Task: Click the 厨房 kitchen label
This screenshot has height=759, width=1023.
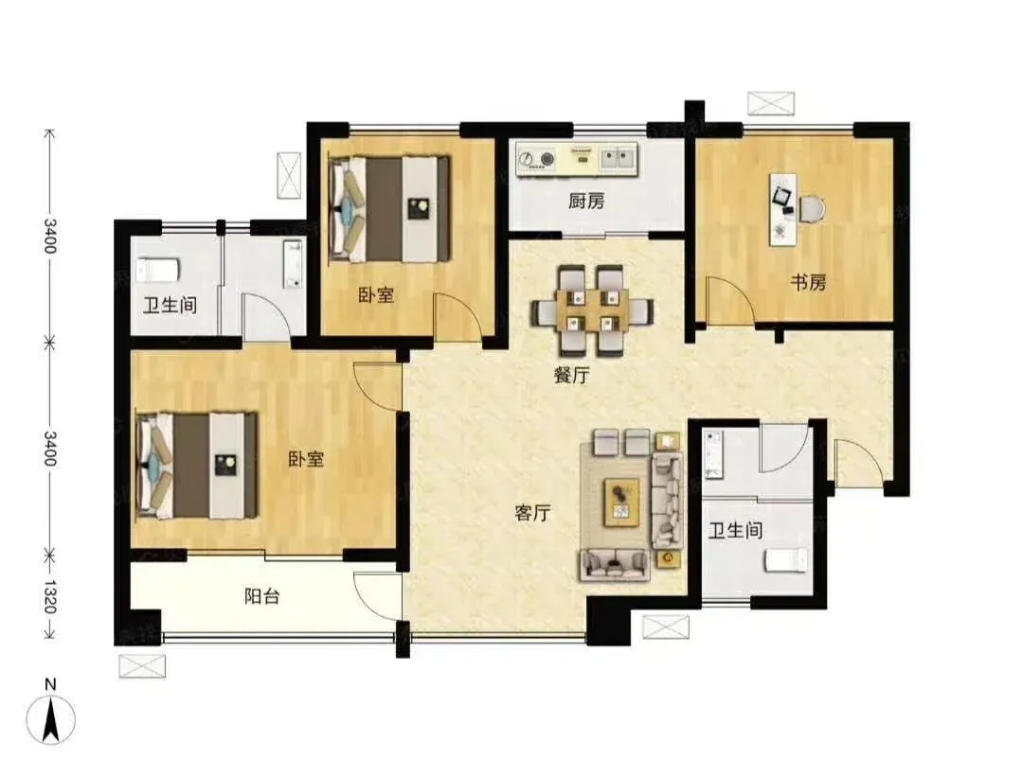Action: (x=586, y=201)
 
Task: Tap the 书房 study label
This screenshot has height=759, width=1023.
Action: (x=808, y=282)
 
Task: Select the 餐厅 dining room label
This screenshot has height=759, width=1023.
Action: (x=571, y=375)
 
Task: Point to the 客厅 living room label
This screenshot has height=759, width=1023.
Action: (x=532, y=513)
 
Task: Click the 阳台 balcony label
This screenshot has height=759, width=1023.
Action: (x=262, y=596)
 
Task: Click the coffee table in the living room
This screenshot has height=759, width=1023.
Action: (x=621, y=502)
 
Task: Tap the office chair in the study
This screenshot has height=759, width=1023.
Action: (x=812, y=208)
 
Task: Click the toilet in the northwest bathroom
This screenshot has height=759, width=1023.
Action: (x=157, y=270)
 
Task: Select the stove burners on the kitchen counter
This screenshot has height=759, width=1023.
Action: (x=536, y=158)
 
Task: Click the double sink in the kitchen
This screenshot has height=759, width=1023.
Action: (x=617, y=157)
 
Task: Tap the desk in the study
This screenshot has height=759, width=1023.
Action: (x=783, y=209)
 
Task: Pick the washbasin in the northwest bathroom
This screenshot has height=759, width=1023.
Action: (x=293, y=263)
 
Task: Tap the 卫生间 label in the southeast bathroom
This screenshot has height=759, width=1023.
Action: (x=736, y=530)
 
